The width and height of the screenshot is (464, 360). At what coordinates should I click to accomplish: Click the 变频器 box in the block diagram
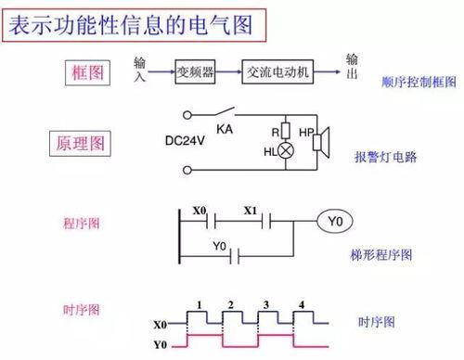(197, 71)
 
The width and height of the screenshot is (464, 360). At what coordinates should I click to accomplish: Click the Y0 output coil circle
(337, 222)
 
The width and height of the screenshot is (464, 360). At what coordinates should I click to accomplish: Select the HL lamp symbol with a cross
(285, 150)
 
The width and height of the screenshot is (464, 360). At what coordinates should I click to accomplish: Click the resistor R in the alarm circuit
(286, 131)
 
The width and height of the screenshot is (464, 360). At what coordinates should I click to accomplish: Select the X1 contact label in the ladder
(250, 211)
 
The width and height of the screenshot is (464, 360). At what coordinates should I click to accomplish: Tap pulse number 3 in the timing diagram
(266, 305)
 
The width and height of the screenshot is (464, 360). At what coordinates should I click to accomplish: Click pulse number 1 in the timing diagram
(198, 305)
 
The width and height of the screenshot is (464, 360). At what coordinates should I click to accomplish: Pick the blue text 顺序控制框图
(419, 82)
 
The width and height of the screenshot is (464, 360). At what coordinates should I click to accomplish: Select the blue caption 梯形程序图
(381, 253)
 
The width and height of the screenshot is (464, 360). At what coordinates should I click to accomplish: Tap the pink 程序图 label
(81, 224)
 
